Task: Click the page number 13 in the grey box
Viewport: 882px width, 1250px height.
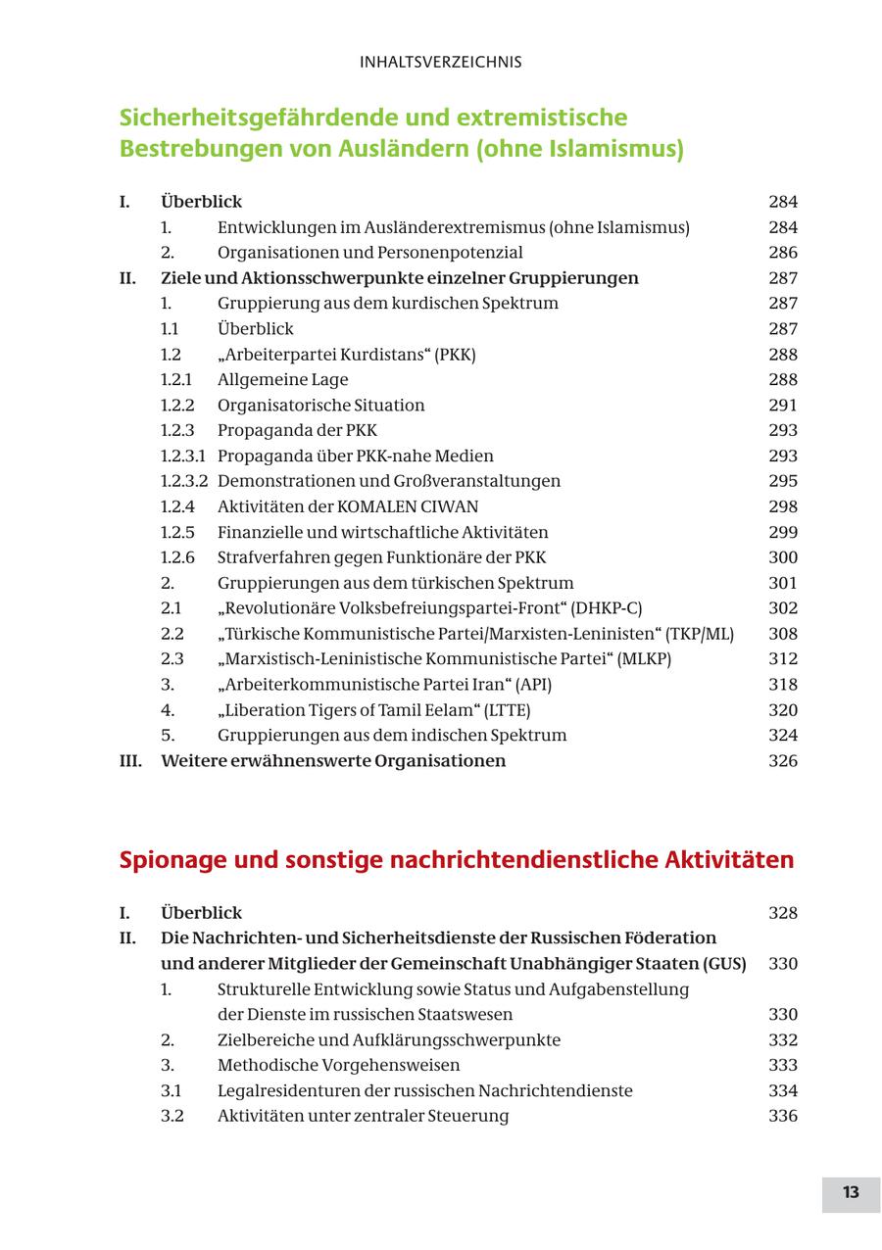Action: click(850, 1192)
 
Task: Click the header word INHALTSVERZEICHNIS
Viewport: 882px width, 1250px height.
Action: click(440, 62)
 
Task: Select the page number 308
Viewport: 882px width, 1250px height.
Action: click(783, 634)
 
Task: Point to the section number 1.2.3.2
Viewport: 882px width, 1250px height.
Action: click(184, 481)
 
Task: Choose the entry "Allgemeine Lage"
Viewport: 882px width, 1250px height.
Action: click(282, 379)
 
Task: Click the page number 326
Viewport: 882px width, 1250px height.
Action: click(783, 761)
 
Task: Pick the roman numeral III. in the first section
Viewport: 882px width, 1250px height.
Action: click(130, 761)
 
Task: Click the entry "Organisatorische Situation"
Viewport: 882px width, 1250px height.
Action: click(320, 405)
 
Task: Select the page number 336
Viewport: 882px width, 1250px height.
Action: click(783, 1116)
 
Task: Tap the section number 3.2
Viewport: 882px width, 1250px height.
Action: click(172, 1116)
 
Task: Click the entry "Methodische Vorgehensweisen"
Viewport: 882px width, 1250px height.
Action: click(338, 1065)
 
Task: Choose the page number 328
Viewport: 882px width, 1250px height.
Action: click(783, 913)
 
